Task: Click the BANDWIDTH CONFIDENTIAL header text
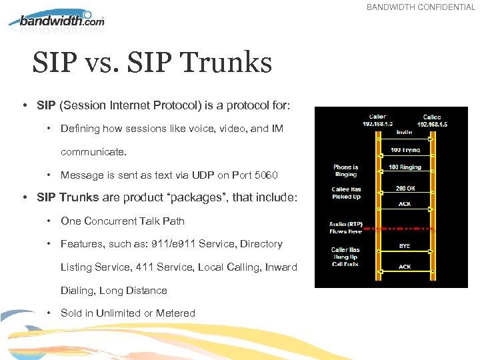pyautogui.click(x=421, y=7)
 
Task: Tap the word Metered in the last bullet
pyautogui.click(x=175, y=313)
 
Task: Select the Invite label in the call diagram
pyautogui.click(x=405, y=132)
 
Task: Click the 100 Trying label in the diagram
pyautogui.click(x=405, y=150)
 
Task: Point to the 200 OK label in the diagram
pyautogui.click(x=405, y=189)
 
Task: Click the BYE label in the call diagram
pyautogui.click(x=405, y=245)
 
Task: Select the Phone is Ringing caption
pyautogui.click(x=345, y=171)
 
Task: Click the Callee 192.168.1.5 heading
pyautogui.click(x=431, y=120)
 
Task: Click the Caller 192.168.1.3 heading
pyautogui.click(x=377, y=120)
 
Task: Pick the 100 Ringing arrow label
pyautogui.click(x=405, y=167)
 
